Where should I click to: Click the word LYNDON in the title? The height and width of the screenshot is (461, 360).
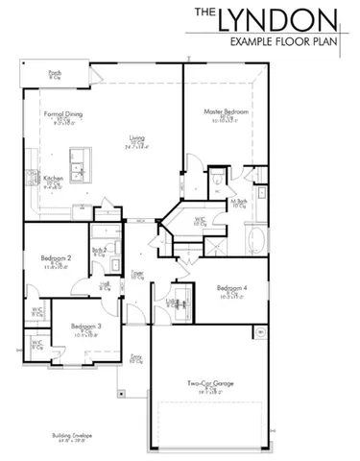click(288, 19)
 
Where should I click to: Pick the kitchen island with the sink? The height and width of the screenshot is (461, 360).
click(76, 158)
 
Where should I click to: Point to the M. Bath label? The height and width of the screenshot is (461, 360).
click(239, 203)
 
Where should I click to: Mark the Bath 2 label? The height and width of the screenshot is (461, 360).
click(99, 250)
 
